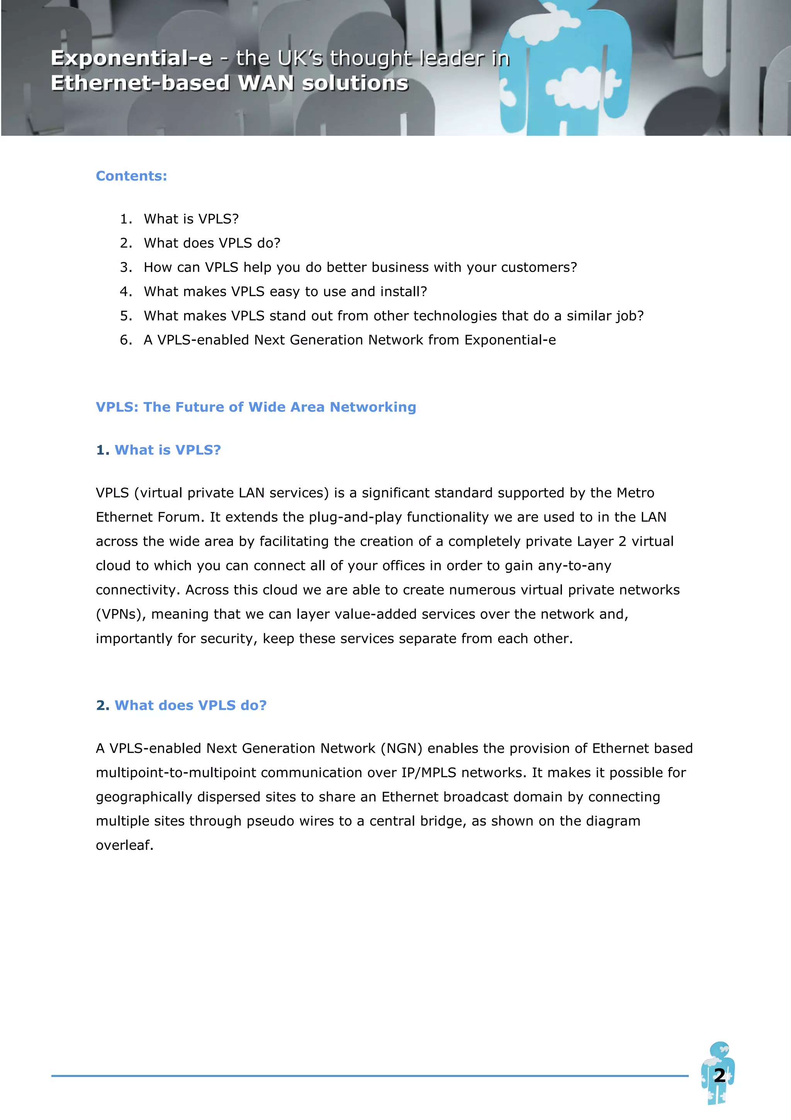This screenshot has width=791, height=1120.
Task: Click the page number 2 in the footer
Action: point(720,1075)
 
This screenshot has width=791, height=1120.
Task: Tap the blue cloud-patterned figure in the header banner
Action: point(565,73)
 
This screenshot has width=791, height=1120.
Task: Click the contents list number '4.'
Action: point(126,291)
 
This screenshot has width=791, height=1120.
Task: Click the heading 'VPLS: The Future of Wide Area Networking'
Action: point(256,407)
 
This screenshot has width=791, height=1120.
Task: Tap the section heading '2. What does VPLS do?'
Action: point(181,705)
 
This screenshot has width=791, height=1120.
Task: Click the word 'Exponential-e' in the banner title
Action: point(132,58)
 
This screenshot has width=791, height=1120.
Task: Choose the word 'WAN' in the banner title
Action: point(266,83)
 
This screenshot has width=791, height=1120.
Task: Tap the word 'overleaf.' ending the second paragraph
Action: point(125,845)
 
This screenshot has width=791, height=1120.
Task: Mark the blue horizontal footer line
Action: point(369,1075)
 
